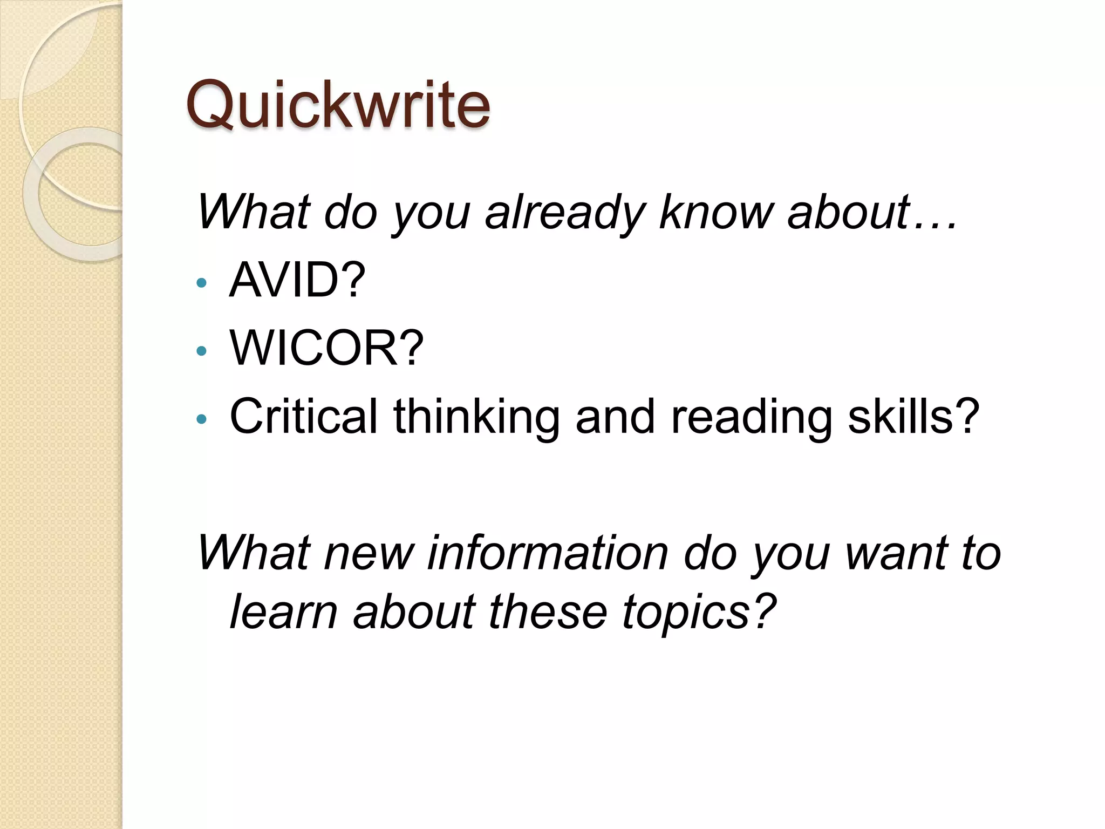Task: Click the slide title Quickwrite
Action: pyautogui.click(x=338, y=105)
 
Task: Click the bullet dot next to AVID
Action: pyautogui.click(x=202, y=282)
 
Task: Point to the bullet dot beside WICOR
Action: pyautogui.click(x=202, y=351)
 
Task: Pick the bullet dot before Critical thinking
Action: pyautogui.click(x=202, y=419)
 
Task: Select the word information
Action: pyautogui.click(x=548, y=553)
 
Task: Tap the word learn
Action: pyautogui.click(x=284, y=612)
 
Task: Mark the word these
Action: pyautogui.click(x=548, y=612)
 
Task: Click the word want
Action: pyautogui.click(x=895, y=554)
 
